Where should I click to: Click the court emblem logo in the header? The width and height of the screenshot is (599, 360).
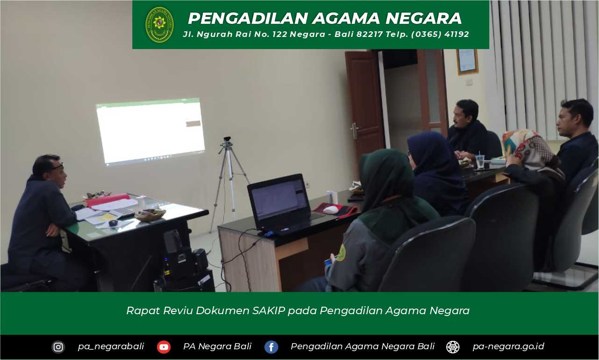[159, 25]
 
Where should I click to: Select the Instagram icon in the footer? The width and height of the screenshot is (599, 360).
[58, 347]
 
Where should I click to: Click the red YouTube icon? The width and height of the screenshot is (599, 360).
[164, 347]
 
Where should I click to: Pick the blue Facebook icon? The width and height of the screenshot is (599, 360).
[271, 347]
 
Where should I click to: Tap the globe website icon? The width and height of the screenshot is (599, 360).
[453, 347]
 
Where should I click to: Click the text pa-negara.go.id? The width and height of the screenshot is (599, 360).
[508, 346]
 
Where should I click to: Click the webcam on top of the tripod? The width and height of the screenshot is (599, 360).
[227, 139]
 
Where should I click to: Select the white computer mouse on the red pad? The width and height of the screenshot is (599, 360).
[331, 209]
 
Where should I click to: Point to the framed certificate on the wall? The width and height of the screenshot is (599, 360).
[467, 61]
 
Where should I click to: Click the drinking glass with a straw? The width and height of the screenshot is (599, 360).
[480, 161]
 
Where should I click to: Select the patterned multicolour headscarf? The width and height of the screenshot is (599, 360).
[527, 148]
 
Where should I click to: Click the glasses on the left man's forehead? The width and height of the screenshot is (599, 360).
[57, 166]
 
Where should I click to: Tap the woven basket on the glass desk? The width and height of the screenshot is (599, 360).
[150, 214]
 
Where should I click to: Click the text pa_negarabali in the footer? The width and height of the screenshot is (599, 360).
[111, 346]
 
